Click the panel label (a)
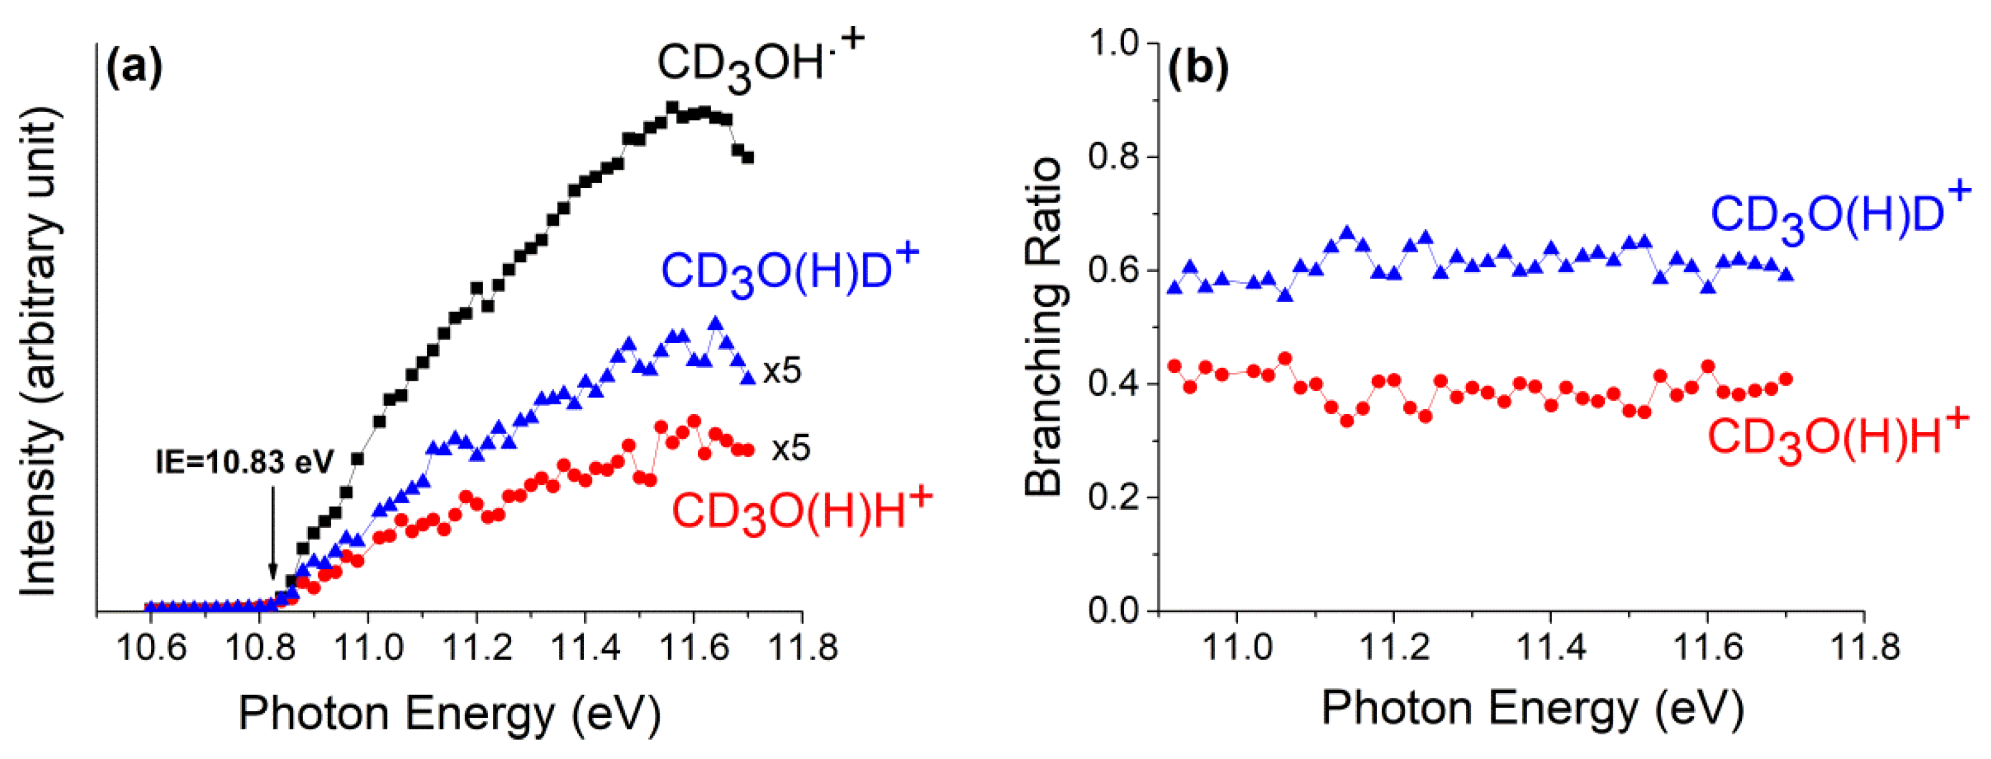pos(134,68)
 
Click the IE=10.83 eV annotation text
pos(244,462)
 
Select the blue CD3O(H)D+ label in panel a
pos(788,270)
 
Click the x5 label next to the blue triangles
pos(782,371)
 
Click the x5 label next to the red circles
pos(790,448)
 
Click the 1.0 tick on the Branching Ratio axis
pos(1114,43)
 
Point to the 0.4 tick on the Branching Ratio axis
pos(1114,384)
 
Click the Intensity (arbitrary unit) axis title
pos(39,352)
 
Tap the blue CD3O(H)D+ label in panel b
pos(1839,213)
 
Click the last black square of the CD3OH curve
pos(748,158)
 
